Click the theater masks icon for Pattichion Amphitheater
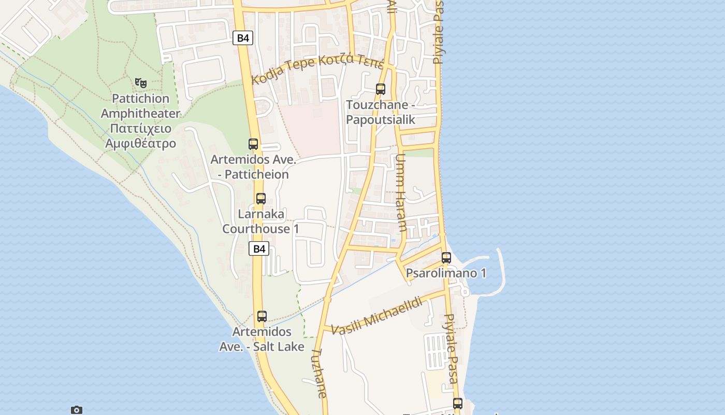click(x=140, y=82)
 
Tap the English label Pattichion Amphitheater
click(x=140, y=106)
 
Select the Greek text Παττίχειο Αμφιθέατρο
click(x=140, y=136)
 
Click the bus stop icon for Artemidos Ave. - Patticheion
click(x=253, y=144)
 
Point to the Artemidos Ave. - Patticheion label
click(x=253, y=167)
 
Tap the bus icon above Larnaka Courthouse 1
click(x=261, y=198)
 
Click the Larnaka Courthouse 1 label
click(x=261, y=222)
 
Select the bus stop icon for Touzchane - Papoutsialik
click(x=381, y=89)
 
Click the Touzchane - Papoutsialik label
click(x=381, y=112)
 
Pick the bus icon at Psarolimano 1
click(x=446, y=257)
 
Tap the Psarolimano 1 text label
click(x=446, y=273)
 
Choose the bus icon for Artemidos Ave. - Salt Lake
click(x=262, y=316)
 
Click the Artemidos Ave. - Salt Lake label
click(x=262, y=339)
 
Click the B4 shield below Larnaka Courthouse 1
click(x=259, y=248)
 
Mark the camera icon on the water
click(x=77, y=410)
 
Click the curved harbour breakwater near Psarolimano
click(x=500, y=270)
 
